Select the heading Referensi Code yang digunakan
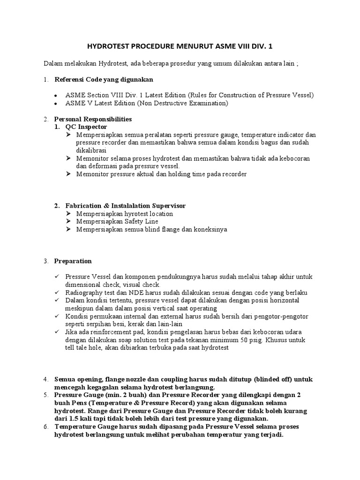pyautogui.click(x=104, y=79)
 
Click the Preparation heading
pyautogui.click(x=73, y=261)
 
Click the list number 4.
pyautogui.click(x=45, y=379)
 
